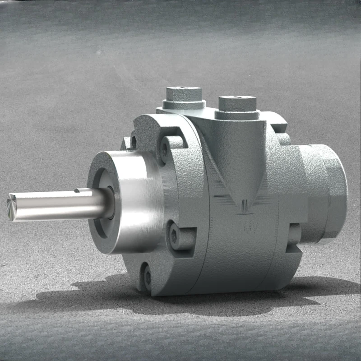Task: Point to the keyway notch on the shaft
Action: tap(84, 191)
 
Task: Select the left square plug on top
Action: tap(183, 93)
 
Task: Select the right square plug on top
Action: tap(237, 103)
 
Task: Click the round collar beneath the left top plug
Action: tap(184, 105)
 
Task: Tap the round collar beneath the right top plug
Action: tap(237, 115)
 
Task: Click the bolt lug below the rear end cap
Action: tap(293, 235)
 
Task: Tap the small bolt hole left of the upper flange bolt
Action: tap(133, 141)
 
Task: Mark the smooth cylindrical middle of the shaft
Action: tap(54, 205)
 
